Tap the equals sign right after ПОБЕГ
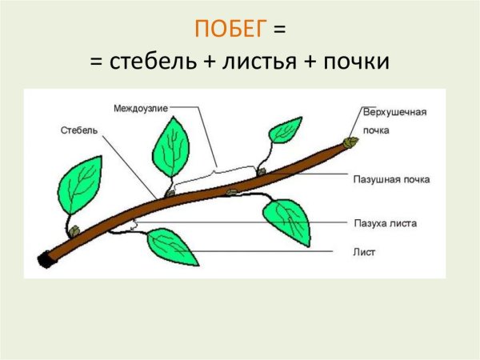(279, 30)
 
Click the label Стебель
(78, 130)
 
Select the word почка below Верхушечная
(375, 128)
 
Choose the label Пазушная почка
(391, 179)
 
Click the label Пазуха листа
(385, 223)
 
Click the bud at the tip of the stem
(349, 142)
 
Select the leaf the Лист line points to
(170, 245)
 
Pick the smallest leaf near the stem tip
(286, 128)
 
